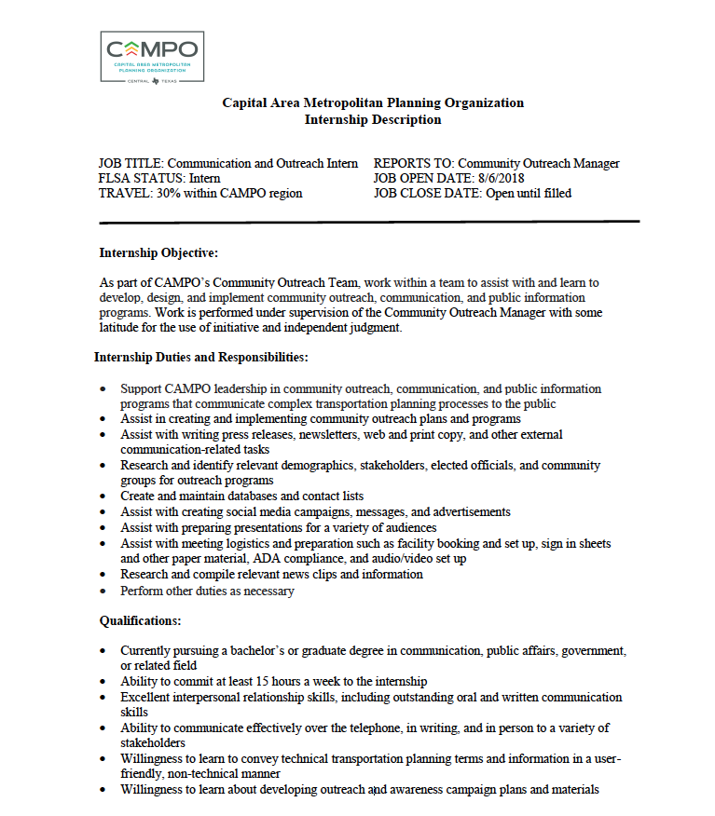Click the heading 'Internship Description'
point(373,119)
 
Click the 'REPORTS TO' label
point(413,163)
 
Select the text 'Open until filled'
point(528,193)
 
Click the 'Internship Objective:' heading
point(158,252)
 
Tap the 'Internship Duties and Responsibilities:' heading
point(200,357)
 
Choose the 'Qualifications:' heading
point(140,620)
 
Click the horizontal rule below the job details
point(369,222)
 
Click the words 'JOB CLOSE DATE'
point(425,193)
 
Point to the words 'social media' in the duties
point(270,511)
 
